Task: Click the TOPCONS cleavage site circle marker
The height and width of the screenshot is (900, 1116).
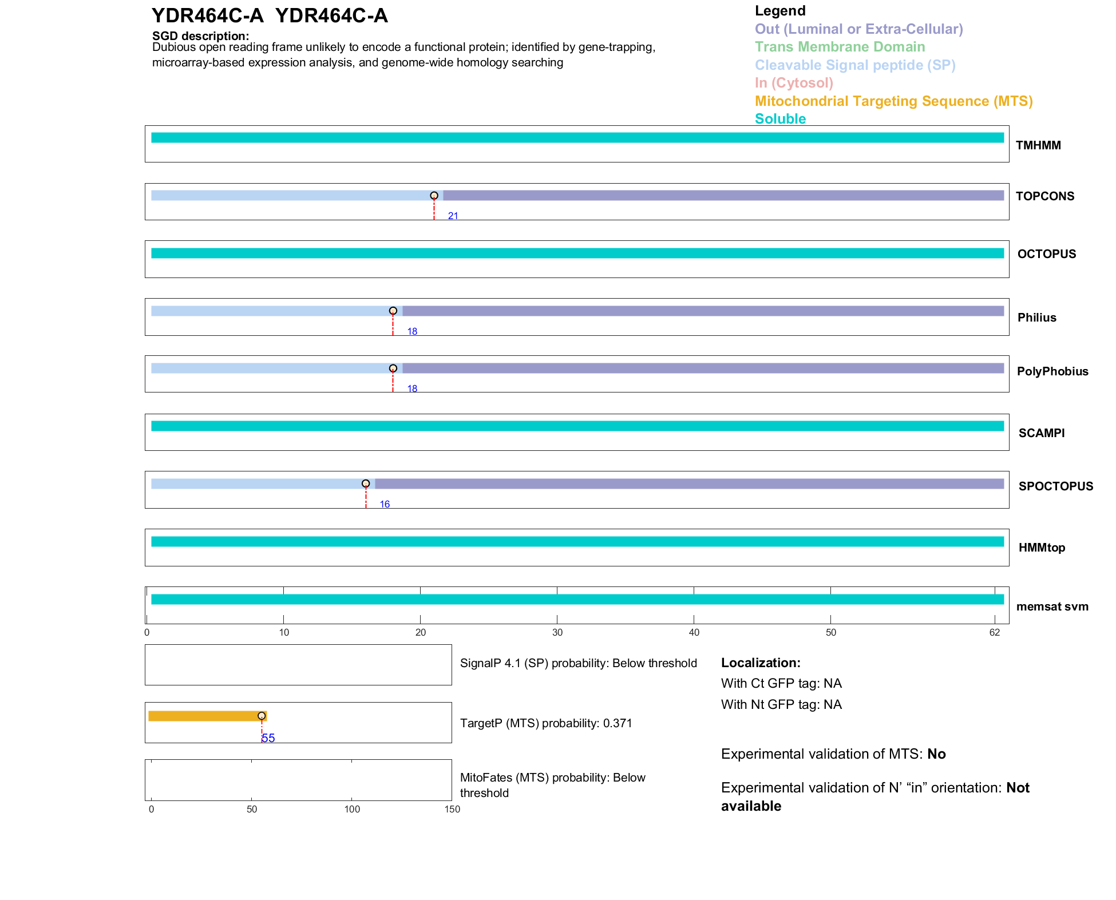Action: [x=434, y=196]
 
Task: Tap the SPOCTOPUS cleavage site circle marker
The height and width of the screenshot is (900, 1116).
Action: [x=366, y=483]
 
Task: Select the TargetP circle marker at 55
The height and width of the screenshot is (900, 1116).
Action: [x=262, y=716]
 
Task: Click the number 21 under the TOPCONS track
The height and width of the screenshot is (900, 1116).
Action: [x=453, y=216]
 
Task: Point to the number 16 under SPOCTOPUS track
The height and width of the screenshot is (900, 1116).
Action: [x=385, y=504]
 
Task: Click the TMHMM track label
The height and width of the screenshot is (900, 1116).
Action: [x=1038, y=145]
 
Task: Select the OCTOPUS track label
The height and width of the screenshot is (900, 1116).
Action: [x=1046, y=254]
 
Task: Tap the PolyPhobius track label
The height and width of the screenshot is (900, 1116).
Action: [x=1052, y=371]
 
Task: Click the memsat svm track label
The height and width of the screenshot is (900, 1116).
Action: [x=1052, y=606]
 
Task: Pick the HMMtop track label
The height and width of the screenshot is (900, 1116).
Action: [x=1042, y=548]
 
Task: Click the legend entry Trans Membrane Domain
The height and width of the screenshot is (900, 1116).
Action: [x=840, y=47]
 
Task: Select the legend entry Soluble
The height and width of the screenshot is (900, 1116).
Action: [x=780, y=119]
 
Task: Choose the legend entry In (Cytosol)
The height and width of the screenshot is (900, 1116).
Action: [x=794, y=83]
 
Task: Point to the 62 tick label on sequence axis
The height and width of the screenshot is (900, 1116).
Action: [x=995, y=632]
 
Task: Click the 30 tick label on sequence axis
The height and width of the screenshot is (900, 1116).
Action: [x=557, y=632]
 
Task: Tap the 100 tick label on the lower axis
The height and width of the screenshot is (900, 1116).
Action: [x=352, y=809]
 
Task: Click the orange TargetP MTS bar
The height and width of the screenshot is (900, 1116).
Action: [x=206, y=716]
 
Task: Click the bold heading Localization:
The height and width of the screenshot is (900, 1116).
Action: [x=761, y=663]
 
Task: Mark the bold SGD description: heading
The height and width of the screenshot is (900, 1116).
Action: [x=200, y=36]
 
